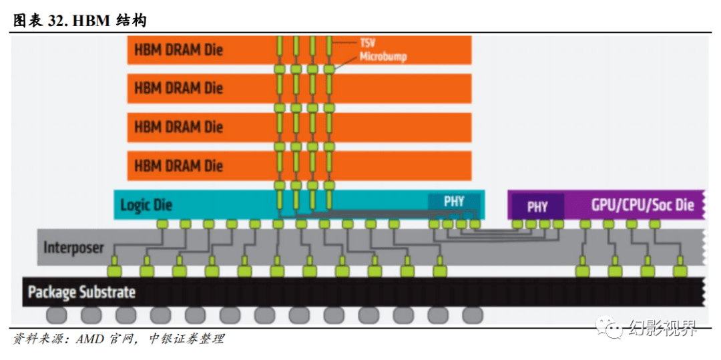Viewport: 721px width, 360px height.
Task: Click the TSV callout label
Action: pyautogui.click(x=367, y=43)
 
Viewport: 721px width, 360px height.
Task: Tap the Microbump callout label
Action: pyautogui.click(x=383, y=57)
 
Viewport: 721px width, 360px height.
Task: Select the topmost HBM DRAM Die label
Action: pyautogui.click(x=178, y=49)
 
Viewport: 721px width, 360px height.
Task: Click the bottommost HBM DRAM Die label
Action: pyautogui.click(x=178, y=165)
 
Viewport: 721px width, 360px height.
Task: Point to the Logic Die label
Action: pyautogui.click(x=146, y=204)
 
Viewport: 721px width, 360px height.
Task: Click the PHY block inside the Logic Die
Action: pyautogui.click(x=454, y=202)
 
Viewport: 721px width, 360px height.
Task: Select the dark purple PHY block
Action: pyautogui.click(x=537, y=206)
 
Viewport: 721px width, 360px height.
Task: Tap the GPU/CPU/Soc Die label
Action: pyautogui.click(x=642, y=204)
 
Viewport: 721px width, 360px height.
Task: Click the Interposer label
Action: pyautogui.click(x=73, y=247)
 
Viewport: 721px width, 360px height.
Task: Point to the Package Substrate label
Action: pyautogui.click(x=82, y=291)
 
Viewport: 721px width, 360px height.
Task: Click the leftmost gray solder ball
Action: pyautogui.click(x=56, y=315)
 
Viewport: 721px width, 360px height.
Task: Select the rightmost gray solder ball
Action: pyautogui.click(x=472, y=315)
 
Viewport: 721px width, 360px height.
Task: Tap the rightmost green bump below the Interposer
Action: pyautogui.click(x=680, y=271)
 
